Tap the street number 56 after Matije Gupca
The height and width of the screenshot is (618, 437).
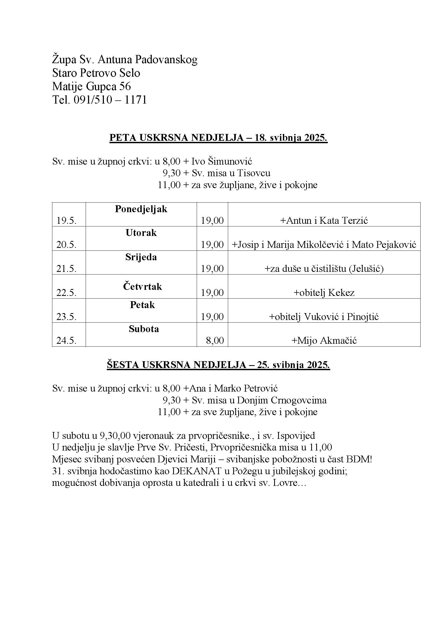125,86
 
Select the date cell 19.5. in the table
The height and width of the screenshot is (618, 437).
67,221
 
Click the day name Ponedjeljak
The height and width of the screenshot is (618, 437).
141,209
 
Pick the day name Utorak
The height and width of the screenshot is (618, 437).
141,233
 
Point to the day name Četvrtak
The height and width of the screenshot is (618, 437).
142,286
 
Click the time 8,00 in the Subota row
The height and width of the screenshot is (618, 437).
215,341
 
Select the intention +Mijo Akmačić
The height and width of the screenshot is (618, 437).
324,341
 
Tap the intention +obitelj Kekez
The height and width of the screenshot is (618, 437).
324,292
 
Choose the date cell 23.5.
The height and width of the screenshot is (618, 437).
67,317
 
